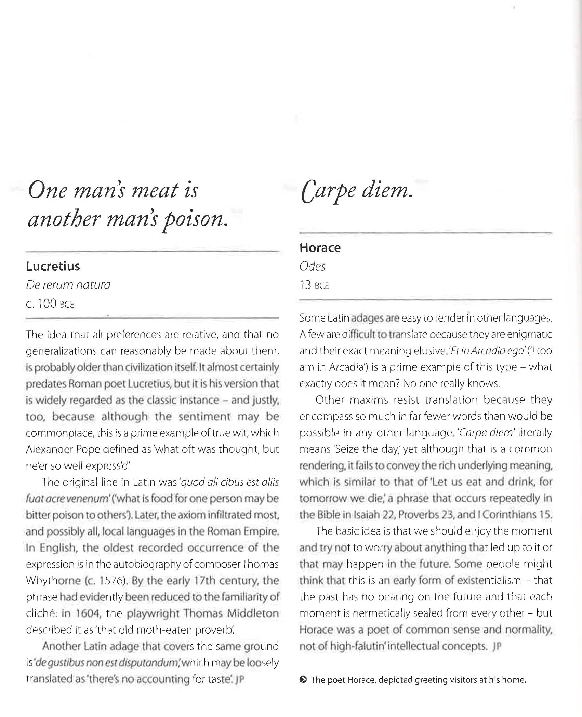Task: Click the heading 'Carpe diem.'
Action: click(357, 191)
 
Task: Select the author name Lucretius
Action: click(53, 266)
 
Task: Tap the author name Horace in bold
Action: click(320, 248)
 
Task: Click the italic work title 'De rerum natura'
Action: click(68, 285)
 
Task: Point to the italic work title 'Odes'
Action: click(312, 266)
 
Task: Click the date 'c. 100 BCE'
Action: click(50, 303)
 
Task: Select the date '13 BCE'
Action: click(314, 285)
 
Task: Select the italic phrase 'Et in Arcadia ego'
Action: click(487, 351)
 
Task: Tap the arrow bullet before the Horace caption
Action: click(303, 680)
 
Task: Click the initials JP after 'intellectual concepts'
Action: click(497, 646)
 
